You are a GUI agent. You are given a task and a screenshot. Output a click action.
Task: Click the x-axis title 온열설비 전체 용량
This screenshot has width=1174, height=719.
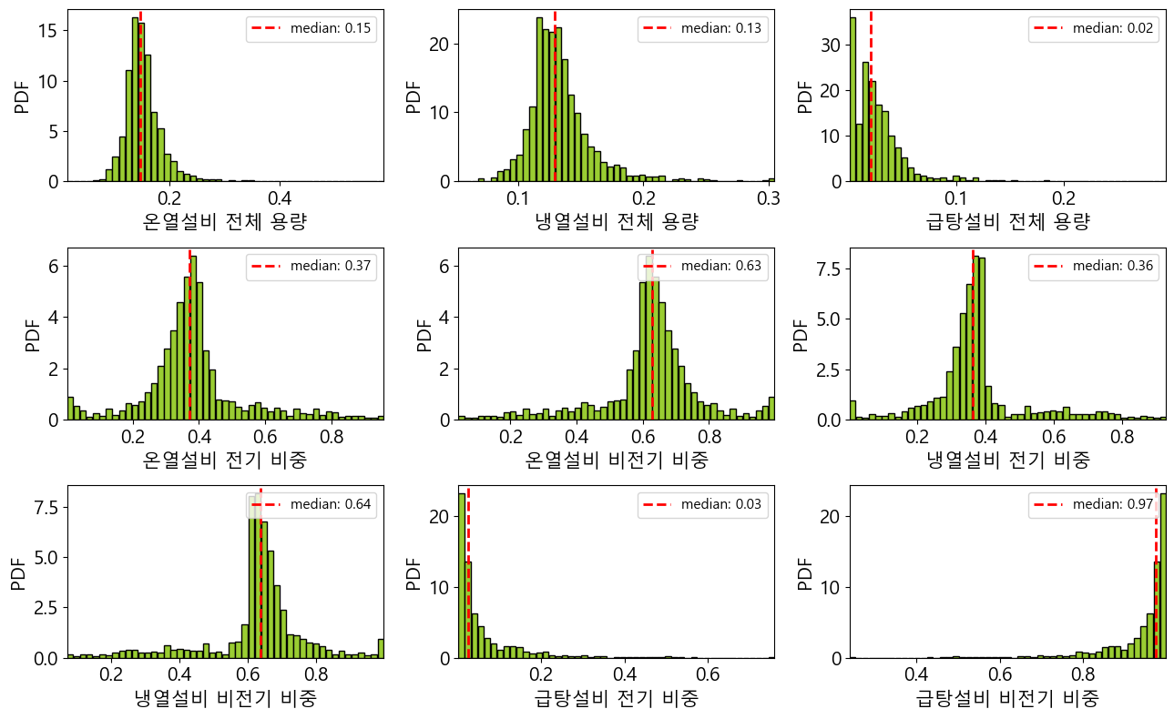tap(225, 222)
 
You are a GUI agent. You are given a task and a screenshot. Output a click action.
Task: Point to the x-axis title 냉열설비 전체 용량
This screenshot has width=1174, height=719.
tap(617, 222)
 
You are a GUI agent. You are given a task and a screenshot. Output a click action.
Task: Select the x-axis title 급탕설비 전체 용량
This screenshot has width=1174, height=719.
tap(1007, 222)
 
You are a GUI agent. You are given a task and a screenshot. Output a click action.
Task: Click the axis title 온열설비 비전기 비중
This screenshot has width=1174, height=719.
tap(617, 461)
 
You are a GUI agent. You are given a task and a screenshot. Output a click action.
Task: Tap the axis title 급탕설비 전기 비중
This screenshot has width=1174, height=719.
tap(617, 699)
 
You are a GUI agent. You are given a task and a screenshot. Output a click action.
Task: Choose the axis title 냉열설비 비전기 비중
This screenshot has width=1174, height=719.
tap(225, 699)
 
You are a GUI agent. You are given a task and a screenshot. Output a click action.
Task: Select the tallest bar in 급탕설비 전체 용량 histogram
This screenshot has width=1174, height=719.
tap(852, 100)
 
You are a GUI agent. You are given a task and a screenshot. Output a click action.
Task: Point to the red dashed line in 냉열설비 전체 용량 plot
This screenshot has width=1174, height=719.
tap(555, 91)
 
